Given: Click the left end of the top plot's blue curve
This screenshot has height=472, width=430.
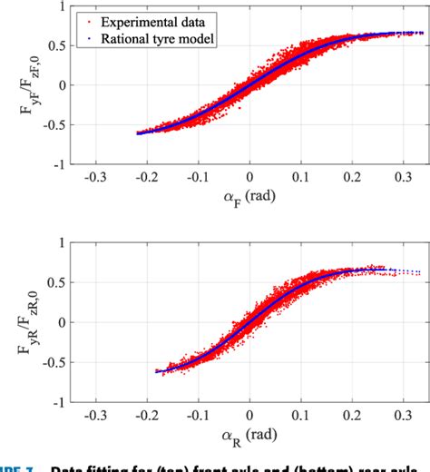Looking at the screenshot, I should [138, 133].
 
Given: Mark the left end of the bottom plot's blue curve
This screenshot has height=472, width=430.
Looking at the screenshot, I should [156, 370].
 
